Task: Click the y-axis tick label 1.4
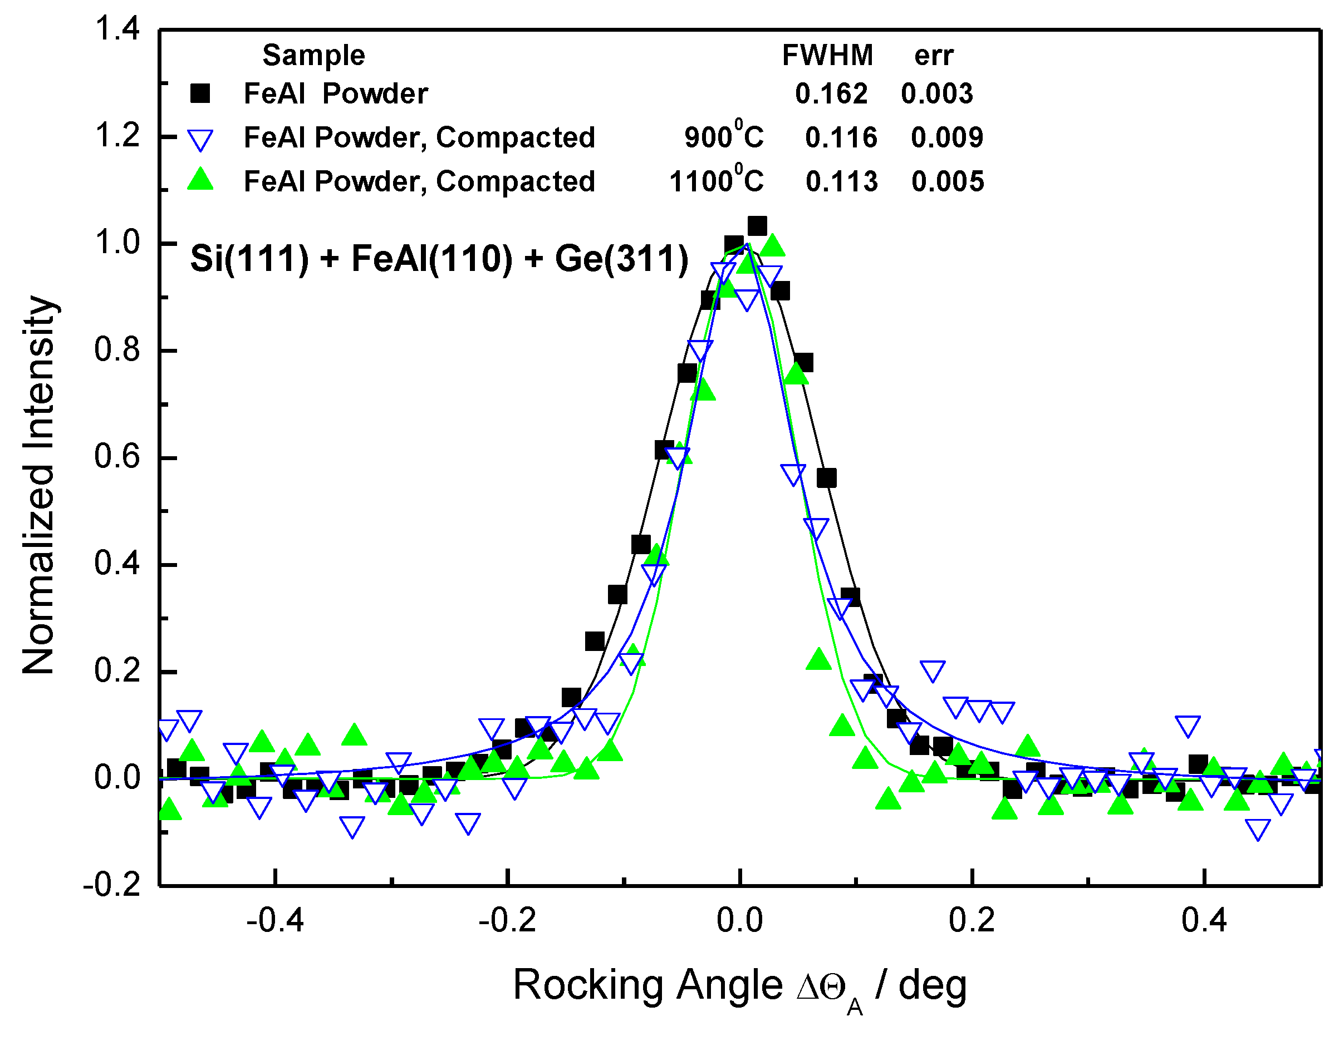click(117, 29)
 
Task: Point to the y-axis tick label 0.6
click(117, 457)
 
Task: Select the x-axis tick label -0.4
click(274, 920)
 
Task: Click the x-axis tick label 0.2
click(972, 920)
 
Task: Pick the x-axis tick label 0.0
click(740, 920)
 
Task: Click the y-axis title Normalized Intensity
click(38, 486)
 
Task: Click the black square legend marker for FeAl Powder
click(200, 93)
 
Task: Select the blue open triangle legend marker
click(200, 140)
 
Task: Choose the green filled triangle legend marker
click(200, 180)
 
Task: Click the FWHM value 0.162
click(831, 93)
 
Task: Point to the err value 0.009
click(947, 137)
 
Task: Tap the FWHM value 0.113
click(841, 181)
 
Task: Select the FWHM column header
click(827, 55)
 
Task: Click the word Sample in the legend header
click(314, 55)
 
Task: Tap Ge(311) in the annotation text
click(621, 258)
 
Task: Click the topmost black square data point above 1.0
click(757, 226)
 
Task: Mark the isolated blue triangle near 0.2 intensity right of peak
click(933, 670)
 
